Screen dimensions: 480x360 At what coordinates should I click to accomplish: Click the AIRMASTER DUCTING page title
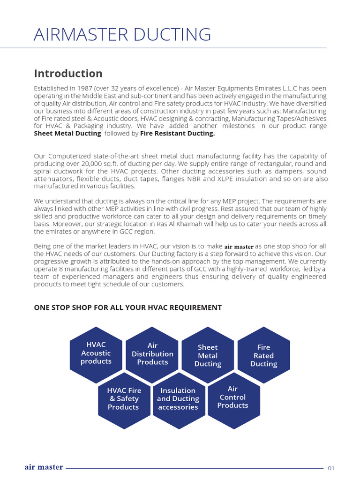pyautogui.click(x=122, y=35)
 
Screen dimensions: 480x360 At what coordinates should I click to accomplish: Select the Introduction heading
pyautogui.click(x=68, y=74)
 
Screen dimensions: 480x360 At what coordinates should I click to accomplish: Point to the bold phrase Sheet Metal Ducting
pyautogui.click(x=67, y=134)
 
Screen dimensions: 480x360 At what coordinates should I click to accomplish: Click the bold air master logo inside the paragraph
pyautogui.click(x=239, y=247)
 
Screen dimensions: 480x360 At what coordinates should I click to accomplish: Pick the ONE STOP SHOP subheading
pyautogui.click(x=127, y=307)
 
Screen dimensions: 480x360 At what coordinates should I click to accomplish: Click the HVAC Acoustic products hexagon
pyautogui.click(x=96, y=353)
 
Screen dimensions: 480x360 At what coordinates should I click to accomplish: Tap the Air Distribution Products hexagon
pyautogui.click(x=152, y=353)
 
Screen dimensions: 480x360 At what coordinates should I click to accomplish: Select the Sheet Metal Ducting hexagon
pyautogui.click(x=208, y=355)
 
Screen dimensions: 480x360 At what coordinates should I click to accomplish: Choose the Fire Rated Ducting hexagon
pyautogui.click(x=263, y=355)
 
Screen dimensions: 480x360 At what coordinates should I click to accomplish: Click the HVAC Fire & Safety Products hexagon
pyautogui.click(x=123, y=399)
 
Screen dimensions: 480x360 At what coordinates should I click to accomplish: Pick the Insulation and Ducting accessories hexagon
pyautogui.click(x=178, y=399)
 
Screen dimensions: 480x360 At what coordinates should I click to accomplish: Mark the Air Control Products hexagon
pyautogui.click(x=233, y=397)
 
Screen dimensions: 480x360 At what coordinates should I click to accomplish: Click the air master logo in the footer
pyautogui.click(x=44, y=467)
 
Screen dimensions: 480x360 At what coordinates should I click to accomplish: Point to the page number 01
pyautogui.click(x=331, y=468)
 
